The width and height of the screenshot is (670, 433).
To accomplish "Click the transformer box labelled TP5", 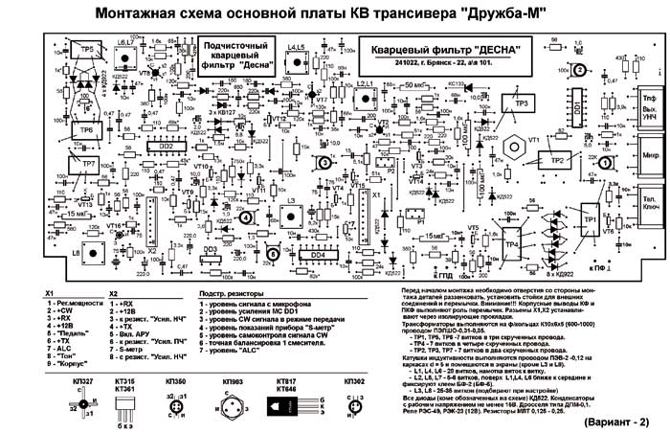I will coord(87,50).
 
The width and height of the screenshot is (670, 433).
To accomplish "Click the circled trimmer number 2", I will coord(579,70).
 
